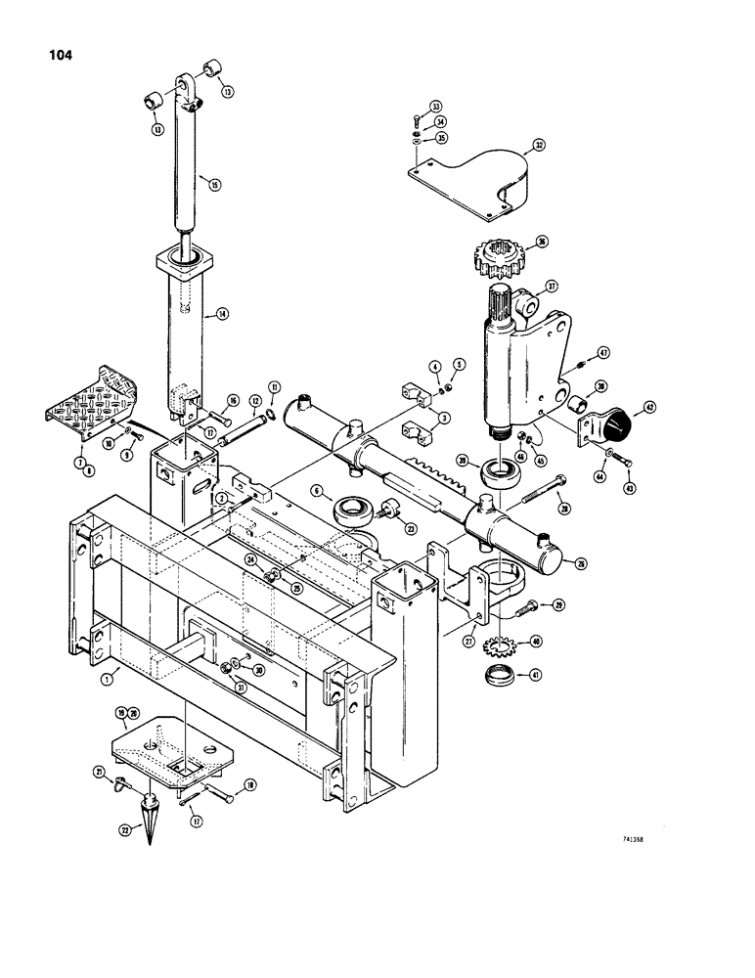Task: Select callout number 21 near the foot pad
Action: pos(99,774)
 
